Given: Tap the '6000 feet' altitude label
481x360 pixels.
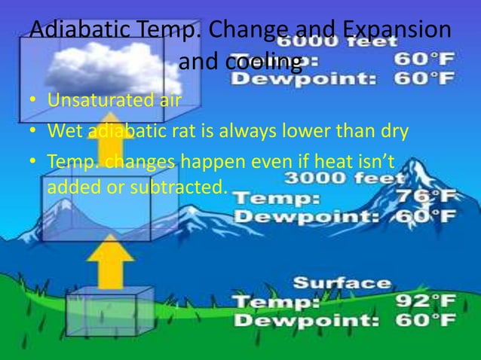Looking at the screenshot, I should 342,43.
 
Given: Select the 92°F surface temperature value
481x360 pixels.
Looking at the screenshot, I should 425,302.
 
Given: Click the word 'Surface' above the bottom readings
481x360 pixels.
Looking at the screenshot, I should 342,283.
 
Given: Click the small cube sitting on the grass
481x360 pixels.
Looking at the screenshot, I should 101,313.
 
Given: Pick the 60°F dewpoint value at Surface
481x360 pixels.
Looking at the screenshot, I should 425,320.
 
